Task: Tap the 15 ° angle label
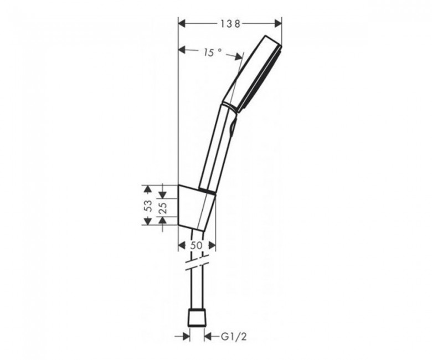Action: pyautogui.click(x=213, y=52)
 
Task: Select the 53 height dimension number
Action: pyautogui.click(x=148, y=205)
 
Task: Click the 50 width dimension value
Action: pyautogui.click(x=197, y=245)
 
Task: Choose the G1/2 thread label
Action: pyautogui.click(x=234, y=336)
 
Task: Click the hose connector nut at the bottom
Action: pyautogui.click(x=197, y=318)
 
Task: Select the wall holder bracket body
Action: pyautogui.click(x=196, y=207)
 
